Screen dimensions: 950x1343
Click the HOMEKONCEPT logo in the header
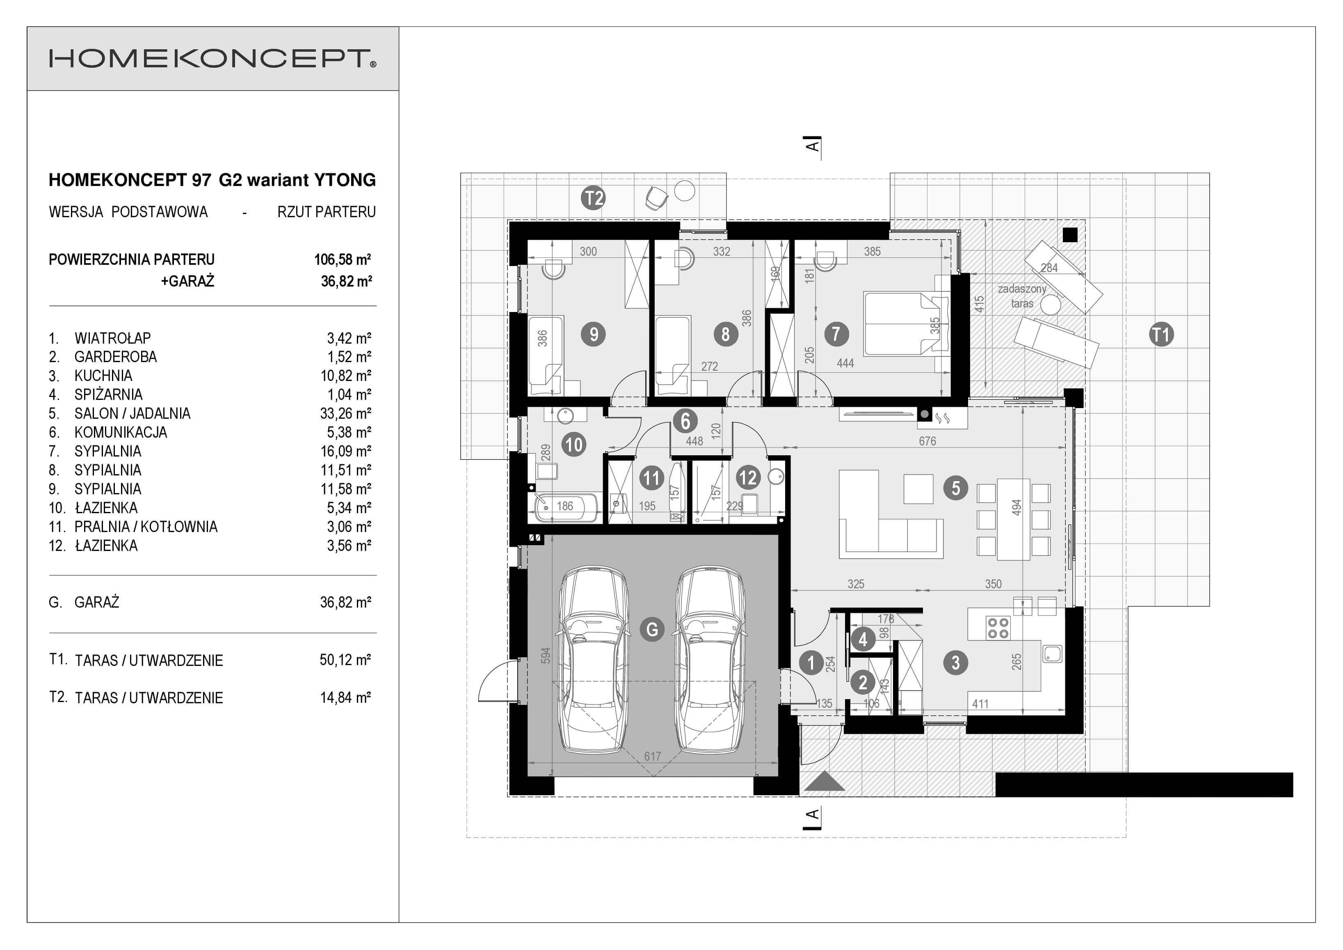[x=212, y=59]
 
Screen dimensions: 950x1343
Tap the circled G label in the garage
[x=652, y=629]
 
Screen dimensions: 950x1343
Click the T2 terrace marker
[x=593, y=198]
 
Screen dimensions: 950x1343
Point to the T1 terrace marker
[x=1161, y=335]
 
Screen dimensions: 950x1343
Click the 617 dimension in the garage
[x=652, y=756]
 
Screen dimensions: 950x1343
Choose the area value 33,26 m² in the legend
[x=345, y=414]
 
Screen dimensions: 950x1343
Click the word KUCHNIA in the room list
[x=103, y=376]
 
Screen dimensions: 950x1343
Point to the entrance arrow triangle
[x=824, y=782]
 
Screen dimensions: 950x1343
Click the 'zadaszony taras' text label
[x=1022, y=296]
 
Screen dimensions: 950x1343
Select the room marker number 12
[x=747, y=477]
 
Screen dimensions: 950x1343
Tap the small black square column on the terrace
[x=1070, y=235]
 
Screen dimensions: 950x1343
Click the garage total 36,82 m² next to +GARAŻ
[x=346, y=282]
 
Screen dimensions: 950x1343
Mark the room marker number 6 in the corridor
[x=685, y=421]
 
